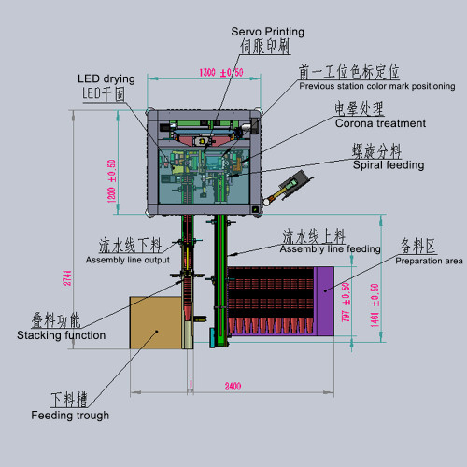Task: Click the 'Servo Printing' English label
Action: (x=267, y=32)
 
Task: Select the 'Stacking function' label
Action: (x=61, y=334)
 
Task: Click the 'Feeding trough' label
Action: (x=70, y=416)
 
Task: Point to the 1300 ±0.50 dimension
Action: (x=221, y=72)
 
